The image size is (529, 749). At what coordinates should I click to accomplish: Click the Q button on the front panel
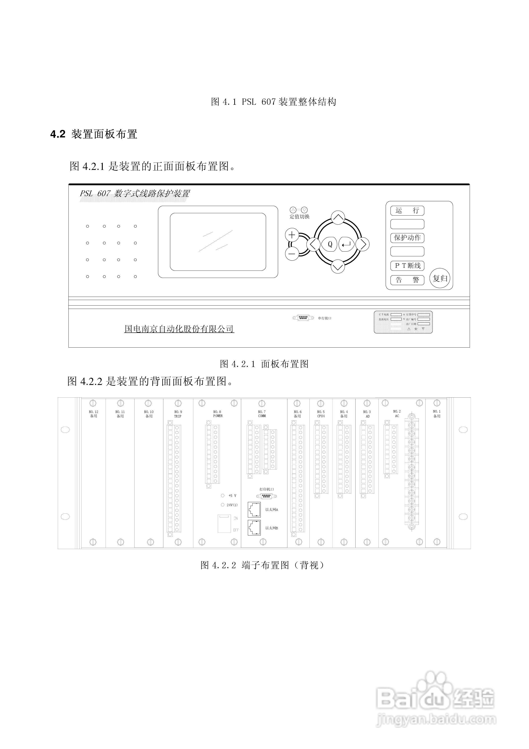(x=330, y=244)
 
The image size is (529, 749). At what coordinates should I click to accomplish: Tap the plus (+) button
(x=292, y=235)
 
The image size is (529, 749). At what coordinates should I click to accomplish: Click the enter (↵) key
(x=346, y=244)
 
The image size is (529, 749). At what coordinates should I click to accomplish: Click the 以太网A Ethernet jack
(x=254, y=509)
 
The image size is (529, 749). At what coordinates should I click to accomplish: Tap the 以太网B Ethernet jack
(x=254, y=528)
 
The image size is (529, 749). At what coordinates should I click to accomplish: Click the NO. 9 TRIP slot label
(x=178, y=414)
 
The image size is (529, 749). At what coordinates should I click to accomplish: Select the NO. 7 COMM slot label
(x=262, y=414)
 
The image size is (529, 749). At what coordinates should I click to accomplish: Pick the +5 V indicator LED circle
(x=223, y=495)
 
